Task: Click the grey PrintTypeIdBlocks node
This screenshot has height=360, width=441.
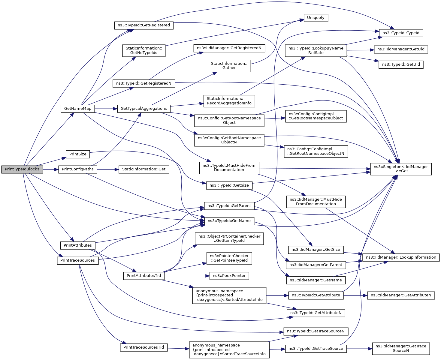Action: click(22, 169)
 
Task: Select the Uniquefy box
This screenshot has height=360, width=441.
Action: click(316, 18)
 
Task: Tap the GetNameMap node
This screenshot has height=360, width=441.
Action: click(77, 109)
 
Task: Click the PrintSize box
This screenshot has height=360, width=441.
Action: click(78, 154)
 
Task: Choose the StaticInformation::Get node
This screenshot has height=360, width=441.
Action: click(144, 169)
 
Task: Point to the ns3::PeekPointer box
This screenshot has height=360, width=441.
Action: click(229, 276)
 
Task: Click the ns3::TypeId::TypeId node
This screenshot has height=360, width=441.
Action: click(401, 33)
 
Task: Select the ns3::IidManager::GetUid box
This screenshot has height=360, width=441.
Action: click(401, 49)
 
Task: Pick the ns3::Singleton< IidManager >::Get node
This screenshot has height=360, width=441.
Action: click(401, 169)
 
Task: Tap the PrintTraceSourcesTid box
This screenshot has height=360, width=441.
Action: click(143, 347)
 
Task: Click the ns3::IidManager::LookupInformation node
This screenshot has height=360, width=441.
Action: click(401, 257)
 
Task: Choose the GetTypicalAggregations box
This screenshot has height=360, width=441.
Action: click(143, 109)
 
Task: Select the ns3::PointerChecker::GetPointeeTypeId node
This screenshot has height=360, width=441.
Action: click(229, 258)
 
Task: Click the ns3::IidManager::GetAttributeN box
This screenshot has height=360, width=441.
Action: click(401, 295)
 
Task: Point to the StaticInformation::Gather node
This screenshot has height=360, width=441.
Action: click(229, 66)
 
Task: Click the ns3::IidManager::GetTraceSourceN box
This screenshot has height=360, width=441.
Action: click(401, 348)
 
